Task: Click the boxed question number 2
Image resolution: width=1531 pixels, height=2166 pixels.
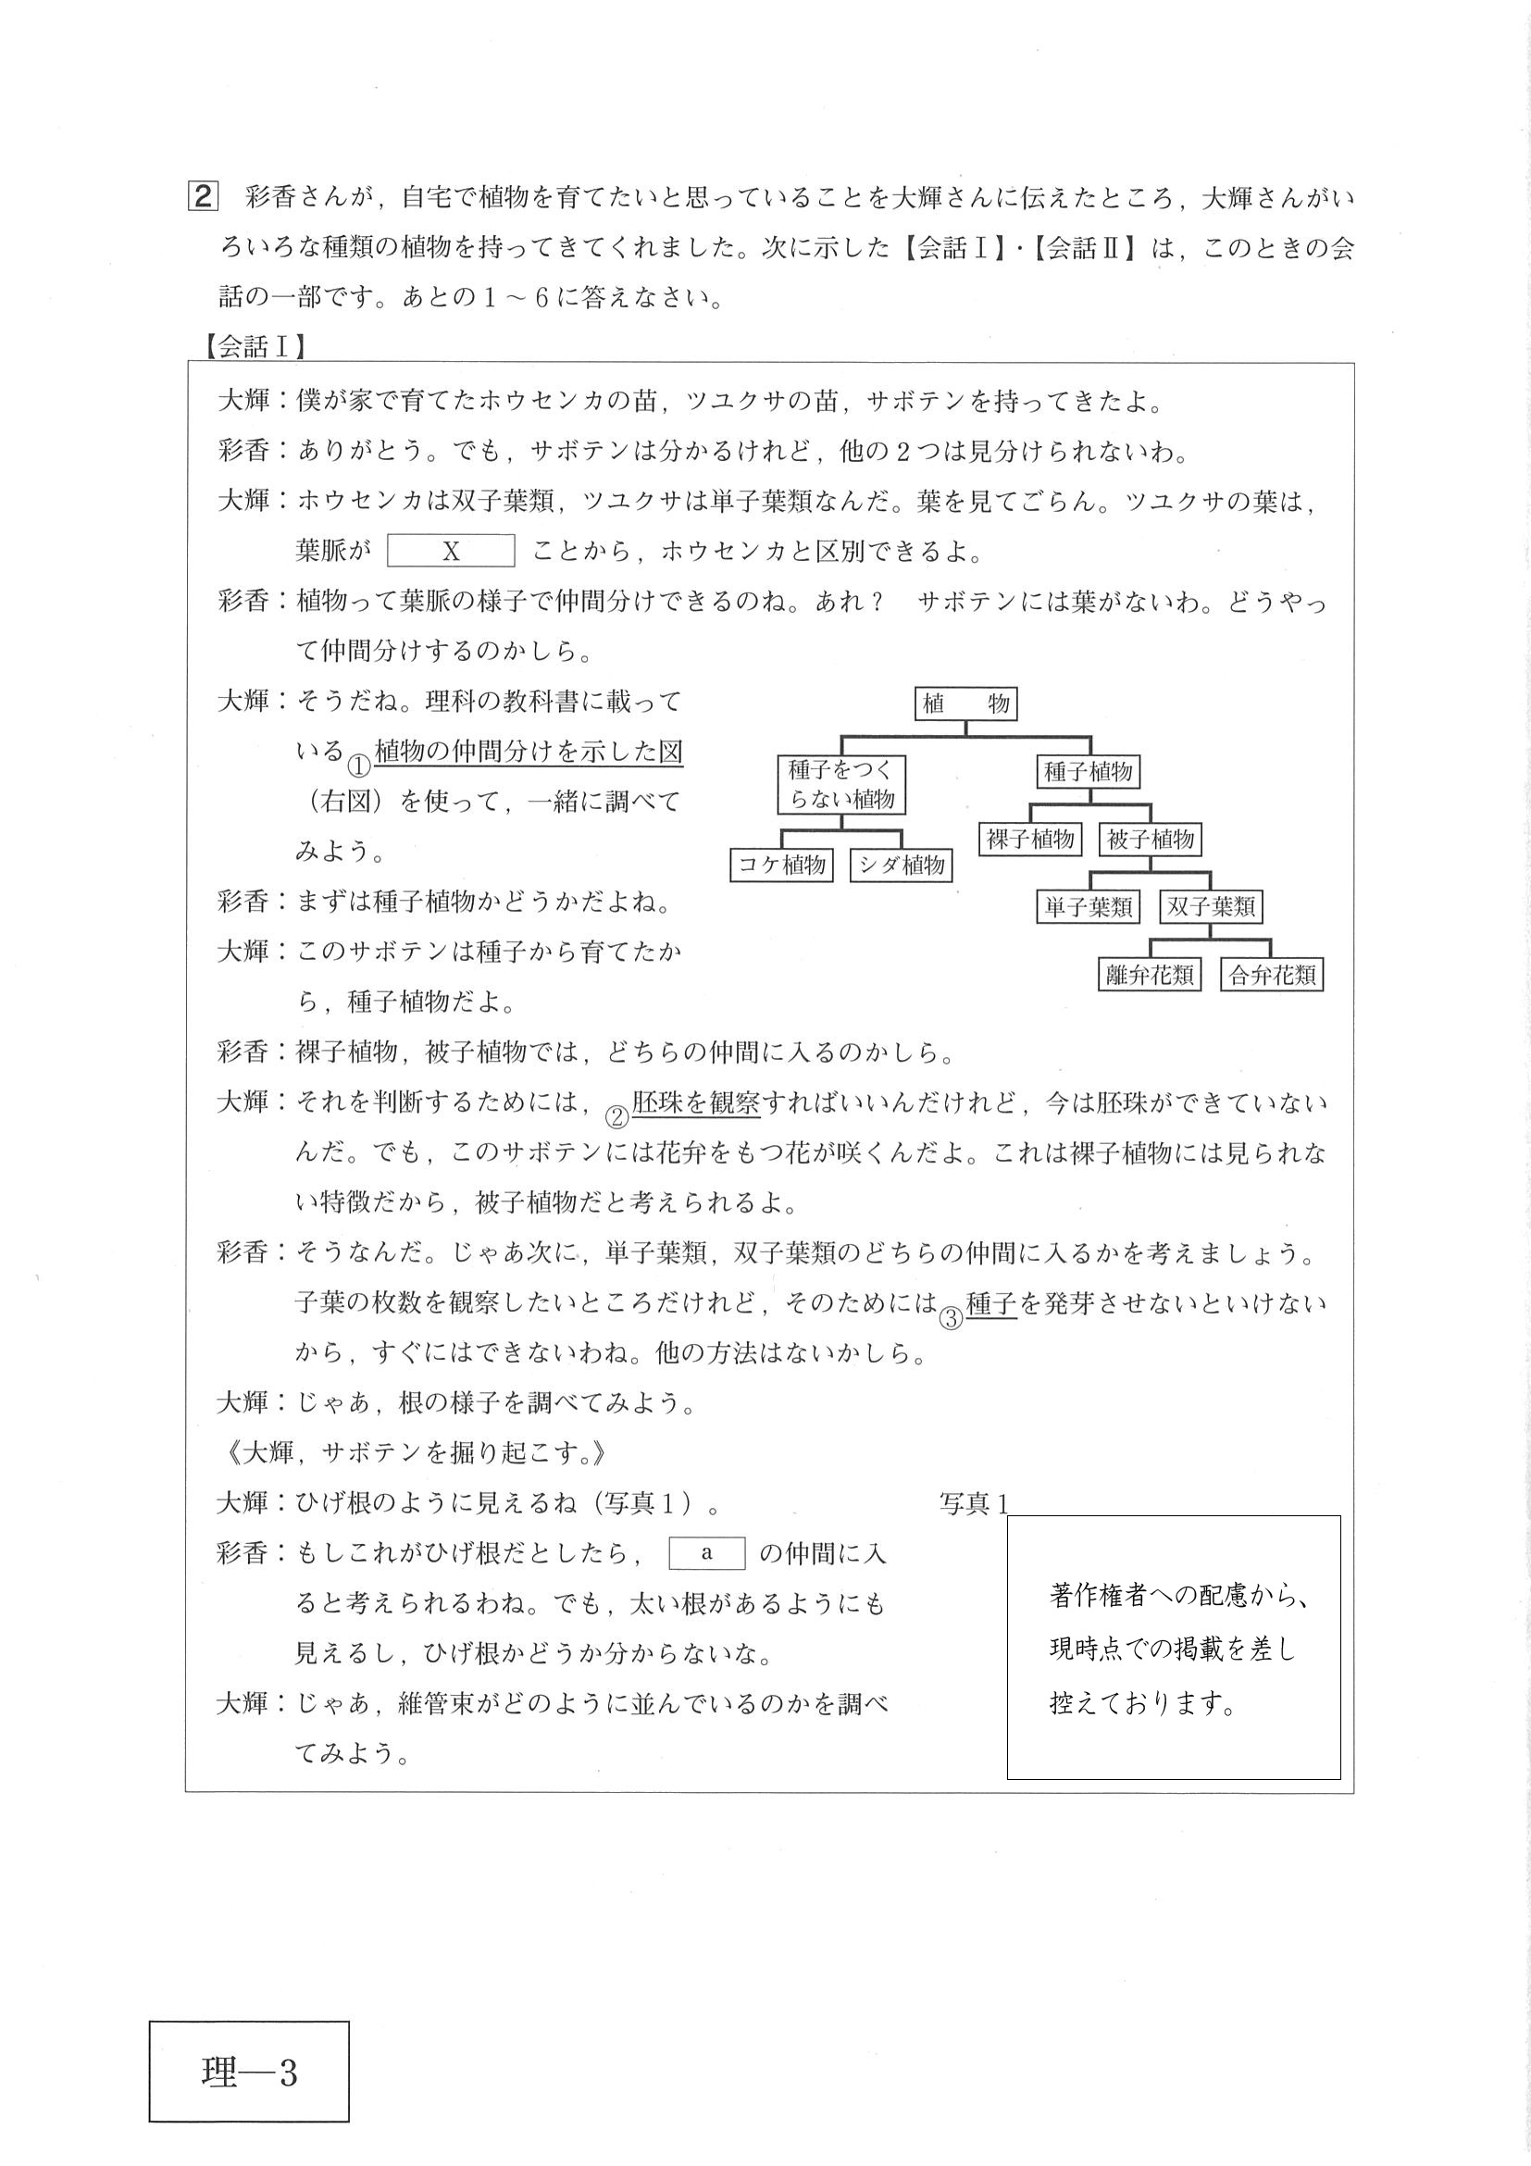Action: point(204,198)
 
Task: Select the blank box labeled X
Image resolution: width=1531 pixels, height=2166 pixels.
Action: point(451,551)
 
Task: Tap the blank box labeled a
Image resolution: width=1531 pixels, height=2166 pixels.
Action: point(706,1553)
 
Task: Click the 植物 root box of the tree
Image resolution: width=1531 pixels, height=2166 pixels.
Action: point(966,703)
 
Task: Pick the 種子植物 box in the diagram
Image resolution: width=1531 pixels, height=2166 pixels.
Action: point(1088,773)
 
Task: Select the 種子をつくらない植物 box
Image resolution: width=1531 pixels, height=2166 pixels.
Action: point(841,785)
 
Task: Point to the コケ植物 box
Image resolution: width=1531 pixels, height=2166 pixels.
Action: point(782,865)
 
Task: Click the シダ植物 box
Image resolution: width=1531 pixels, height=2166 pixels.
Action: point(902,865)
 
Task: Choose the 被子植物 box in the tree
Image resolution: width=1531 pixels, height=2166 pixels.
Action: point(1150,839)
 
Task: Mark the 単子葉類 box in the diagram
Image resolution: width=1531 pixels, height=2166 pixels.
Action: point(1089,906)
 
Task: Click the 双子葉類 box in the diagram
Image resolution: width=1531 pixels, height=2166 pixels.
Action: point(1212,906)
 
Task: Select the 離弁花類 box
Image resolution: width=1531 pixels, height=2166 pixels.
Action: point(1150,976)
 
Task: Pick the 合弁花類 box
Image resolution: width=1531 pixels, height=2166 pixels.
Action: point(1272,976)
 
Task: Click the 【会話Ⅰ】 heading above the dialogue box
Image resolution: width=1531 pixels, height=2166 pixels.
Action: point(254,347)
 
